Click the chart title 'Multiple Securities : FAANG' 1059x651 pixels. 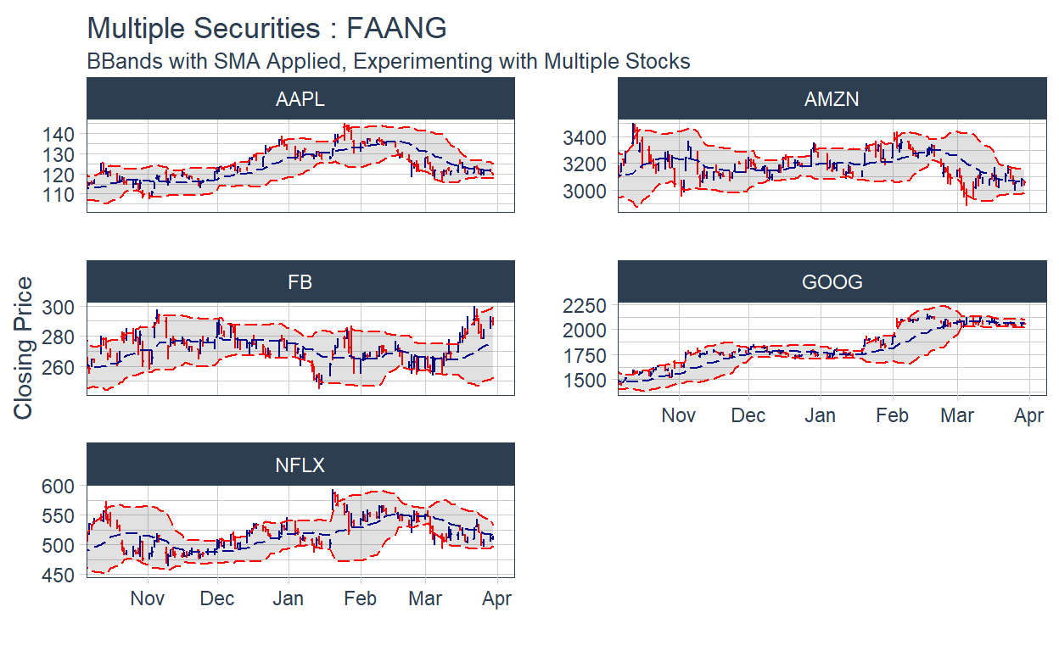[x=266, y=28]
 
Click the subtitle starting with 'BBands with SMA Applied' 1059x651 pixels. [x=389, y=62]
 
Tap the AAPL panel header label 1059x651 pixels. [x=300, y=99]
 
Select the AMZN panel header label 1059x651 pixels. [x=832, y=99]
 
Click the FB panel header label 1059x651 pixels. [x=300, y=282]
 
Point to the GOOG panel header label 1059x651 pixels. [x=832, y=282]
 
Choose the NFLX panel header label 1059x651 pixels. [x=300, y=465]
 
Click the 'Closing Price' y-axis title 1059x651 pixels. [x=24, y=348]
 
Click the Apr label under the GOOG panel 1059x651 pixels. [x=1028, y=416]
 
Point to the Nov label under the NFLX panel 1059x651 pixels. [x=148, y=598]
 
